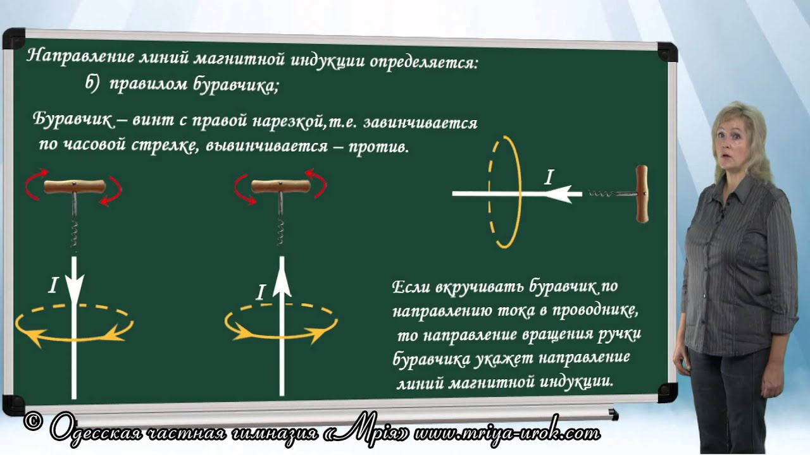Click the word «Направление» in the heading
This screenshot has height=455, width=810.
tap(81, 57)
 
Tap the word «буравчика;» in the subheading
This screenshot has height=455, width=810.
tap(235, 86)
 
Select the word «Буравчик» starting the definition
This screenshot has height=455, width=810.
tap(73, 119)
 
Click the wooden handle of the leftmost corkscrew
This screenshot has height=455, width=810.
tap(75, 186)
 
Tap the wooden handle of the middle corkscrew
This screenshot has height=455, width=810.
tap(280, 186)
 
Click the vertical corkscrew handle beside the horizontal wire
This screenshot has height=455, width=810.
tap(642, 194)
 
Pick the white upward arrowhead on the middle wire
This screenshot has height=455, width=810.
tap(282, 280)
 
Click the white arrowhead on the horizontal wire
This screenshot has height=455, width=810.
tap(559, 194)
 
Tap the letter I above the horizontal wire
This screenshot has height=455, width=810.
tap(549, 177)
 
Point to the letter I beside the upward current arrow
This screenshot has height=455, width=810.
tap(260, 292)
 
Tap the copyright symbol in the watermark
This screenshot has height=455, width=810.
tap(34, 422)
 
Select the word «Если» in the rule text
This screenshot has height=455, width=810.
tap(411, 287)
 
